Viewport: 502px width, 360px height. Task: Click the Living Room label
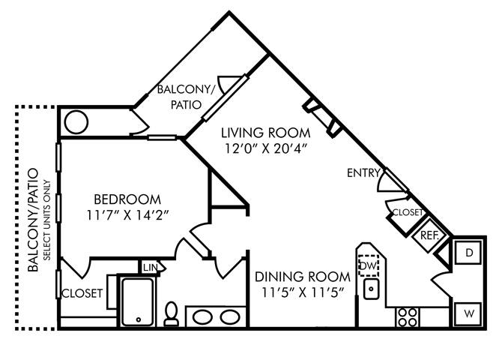click(x=266, y=133)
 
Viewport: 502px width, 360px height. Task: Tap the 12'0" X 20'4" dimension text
click(x=266, y=148)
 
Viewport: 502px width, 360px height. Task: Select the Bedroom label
click(x=127, y=199)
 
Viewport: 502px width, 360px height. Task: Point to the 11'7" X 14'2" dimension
click(x=127, y=215)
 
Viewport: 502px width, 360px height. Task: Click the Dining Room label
click(x=303, y=277)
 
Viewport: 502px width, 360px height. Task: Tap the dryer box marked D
click(x=468, y=253)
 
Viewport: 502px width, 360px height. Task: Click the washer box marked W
click(x=468, y=313)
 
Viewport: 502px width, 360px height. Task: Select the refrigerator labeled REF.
click(x=429, y=235)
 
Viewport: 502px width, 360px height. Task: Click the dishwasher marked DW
click(x=369, y=265)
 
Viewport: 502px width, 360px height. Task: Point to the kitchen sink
click(x=371, y=289)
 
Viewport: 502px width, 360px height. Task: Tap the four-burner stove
click(x=407, y=317)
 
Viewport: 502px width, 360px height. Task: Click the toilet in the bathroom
click(x=172, y=314)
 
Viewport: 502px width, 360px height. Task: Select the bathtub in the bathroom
click(x=138, y=302)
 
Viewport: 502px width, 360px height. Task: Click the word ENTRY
click(x=363, y=173)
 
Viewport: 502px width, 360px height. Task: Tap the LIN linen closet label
click(x=150, y=268)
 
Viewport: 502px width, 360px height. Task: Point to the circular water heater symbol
click(x=76, y=122)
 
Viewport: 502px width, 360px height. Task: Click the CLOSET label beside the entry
click(x=408, y=212)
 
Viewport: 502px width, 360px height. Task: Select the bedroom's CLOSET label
click(x=82, y=293)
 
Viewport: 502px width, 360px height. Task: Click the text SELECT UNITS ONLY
click(x=46, y=220)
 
